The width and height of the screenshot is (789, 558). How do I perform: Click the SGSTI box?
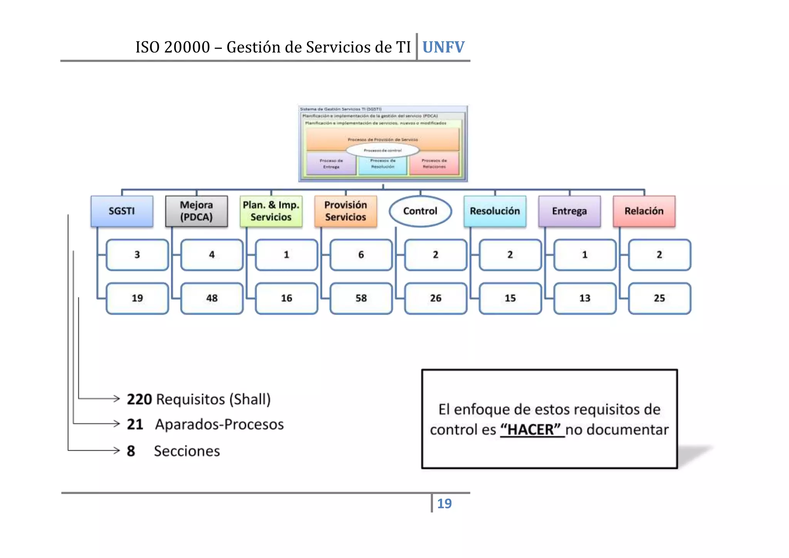pos(122,211)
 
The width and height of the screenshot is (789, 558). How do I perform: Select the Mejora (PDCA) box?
pos(196,211)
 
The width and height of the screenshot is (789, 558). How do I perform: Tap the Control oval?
pos(420,211)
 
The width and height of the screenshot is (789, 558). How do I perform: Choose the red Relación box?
pos(644,211)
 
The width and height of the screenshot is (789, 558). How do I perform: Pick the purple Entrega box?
pos(569,211)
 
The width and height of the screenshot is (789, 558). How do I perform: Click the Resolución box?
pos(495,211)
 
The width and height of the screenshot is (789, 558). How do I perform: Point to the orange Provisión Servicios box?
pos(346,211)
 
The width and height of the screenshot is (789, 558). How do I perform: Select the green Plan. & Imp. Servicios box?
pos(271,211)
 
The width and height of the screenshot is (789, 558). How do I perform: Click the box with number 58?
pos(361,298)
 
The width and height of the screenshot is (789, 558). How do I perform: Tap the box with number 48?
pos(212,298)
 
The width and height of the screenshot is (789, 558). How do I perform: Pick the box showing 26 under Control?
pos(436,298)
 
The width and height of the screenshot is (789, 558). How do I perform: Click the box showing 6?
pos(361,255)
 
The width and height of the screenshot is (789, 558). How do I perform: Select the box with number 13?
pos(585,298)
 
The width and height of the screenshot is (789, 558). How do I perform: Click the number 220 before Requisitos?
pos(139,399)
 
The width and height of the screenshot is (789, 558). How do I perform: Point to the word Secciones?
pos(187,451)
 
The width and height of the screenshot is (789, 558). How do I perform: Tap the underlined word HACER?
pos(531,430)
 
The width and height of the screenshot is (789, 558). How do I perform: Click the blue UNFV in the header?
pos(443,47)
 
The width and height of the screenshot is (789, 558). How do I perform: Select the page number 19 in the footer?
pos(444,504)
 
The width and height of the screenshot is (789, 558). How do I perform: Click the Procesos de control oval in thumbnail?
pos(383,150)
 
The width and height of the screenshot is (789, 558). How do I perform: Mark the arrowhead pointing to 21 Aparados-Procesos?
pos(117,424)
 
